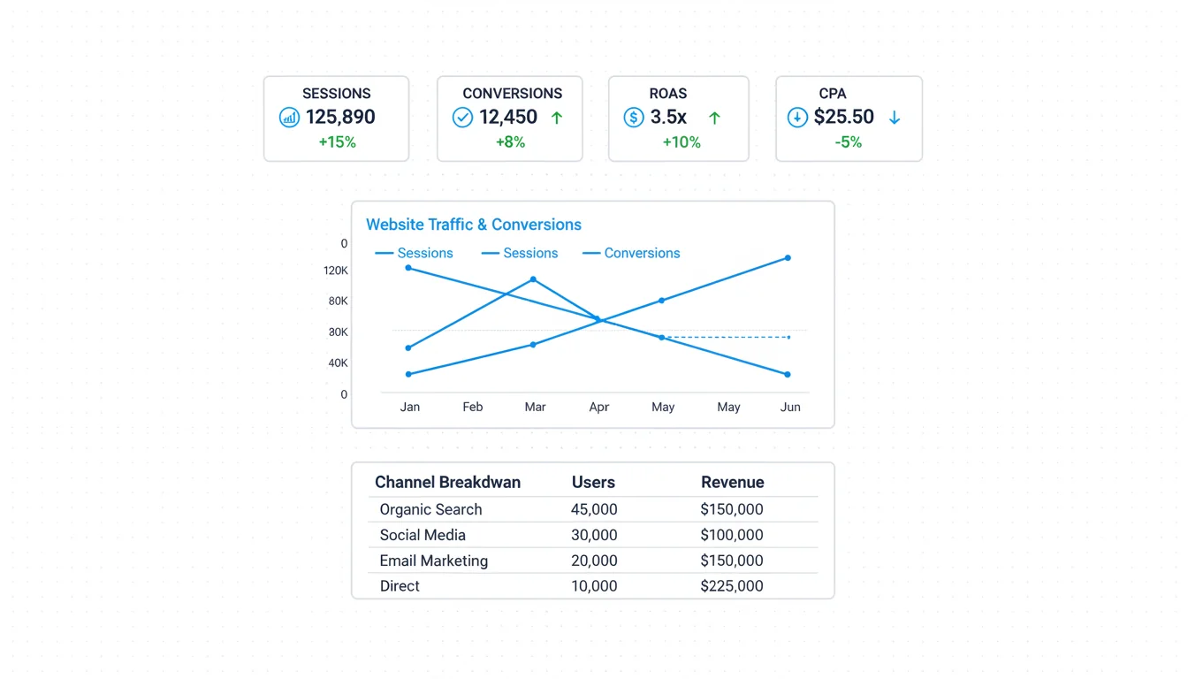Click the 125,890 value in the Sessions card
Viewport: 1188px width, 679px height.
click(x=340, y=117)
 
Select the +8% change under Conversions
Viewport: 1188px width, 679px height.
click(x=511, y=142)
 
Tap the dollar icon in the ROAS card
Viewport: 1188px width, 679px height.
click(x=633, y=117)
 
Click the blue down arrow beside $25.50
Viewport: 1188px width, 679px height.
click(x=895, y=118)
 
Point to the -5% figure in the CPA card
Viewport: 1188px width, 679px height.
click(x=848, y=142)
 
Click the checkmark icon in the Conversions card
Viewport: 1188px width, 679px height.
click(x=462, y=117)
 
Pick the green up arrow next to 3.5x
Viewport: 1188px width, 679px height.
click(x=714, y=118)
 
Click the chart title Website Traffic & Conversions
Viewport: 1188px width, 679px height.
click(x=474, y=225)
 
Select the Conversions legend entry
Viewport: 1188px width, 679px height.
click(x=642, y=253)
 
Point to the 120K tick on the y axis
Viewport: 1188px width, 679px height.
click(x=336, y=271)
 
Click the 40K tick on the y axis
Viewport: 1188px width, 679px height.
click(x=338, y=363)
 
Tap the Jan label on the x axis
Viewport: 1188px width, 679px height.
click(x=410, y=407)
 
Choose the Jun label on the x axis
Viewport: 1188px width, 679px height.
click(x=790, y=407)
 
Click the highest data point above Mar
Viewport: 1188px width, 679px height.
click(x=533, y=279)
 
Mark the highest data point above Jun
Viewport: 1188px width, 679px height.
click(x=788, y=258)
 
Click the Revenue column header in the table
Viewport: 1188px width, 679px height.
click(x=732, y=482)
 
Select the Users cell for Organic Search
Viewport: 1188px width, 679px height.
click(x=594, y=509)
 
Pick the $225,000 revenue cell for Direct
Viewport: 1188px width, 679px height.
click(x=731, y=586)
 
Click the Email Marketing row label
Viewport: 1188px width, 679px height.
click(x=433, y=561)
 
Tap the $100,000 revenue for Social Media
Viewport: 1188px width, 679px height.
click(x=731, y=535)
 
